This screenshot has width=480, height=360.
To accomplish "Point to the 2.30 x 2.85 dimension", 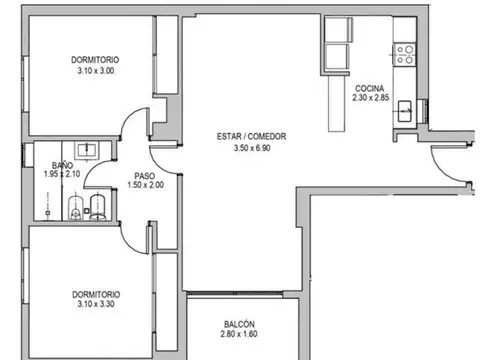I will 373,98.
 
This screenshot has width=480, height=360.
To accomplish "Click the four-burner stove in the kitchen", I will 406,53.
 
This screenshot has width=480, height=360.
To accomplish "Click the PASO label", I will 143,174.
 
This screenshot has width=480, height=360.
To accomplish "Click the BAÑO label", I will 61,166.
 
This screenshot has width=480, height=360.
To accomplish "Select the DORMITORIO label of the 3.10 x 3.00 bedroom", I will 96,59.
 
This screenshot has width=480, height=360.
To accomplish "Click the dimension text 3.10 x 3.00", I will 96,71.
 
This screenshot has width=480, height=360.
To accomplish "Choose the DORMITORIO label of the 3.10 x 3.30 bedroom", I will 96,294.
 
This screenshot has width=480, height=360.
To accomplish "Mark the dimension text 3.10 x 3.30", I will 96,305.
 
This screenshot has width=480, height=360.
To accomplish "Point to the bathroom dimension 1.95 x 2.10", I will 61,175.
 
